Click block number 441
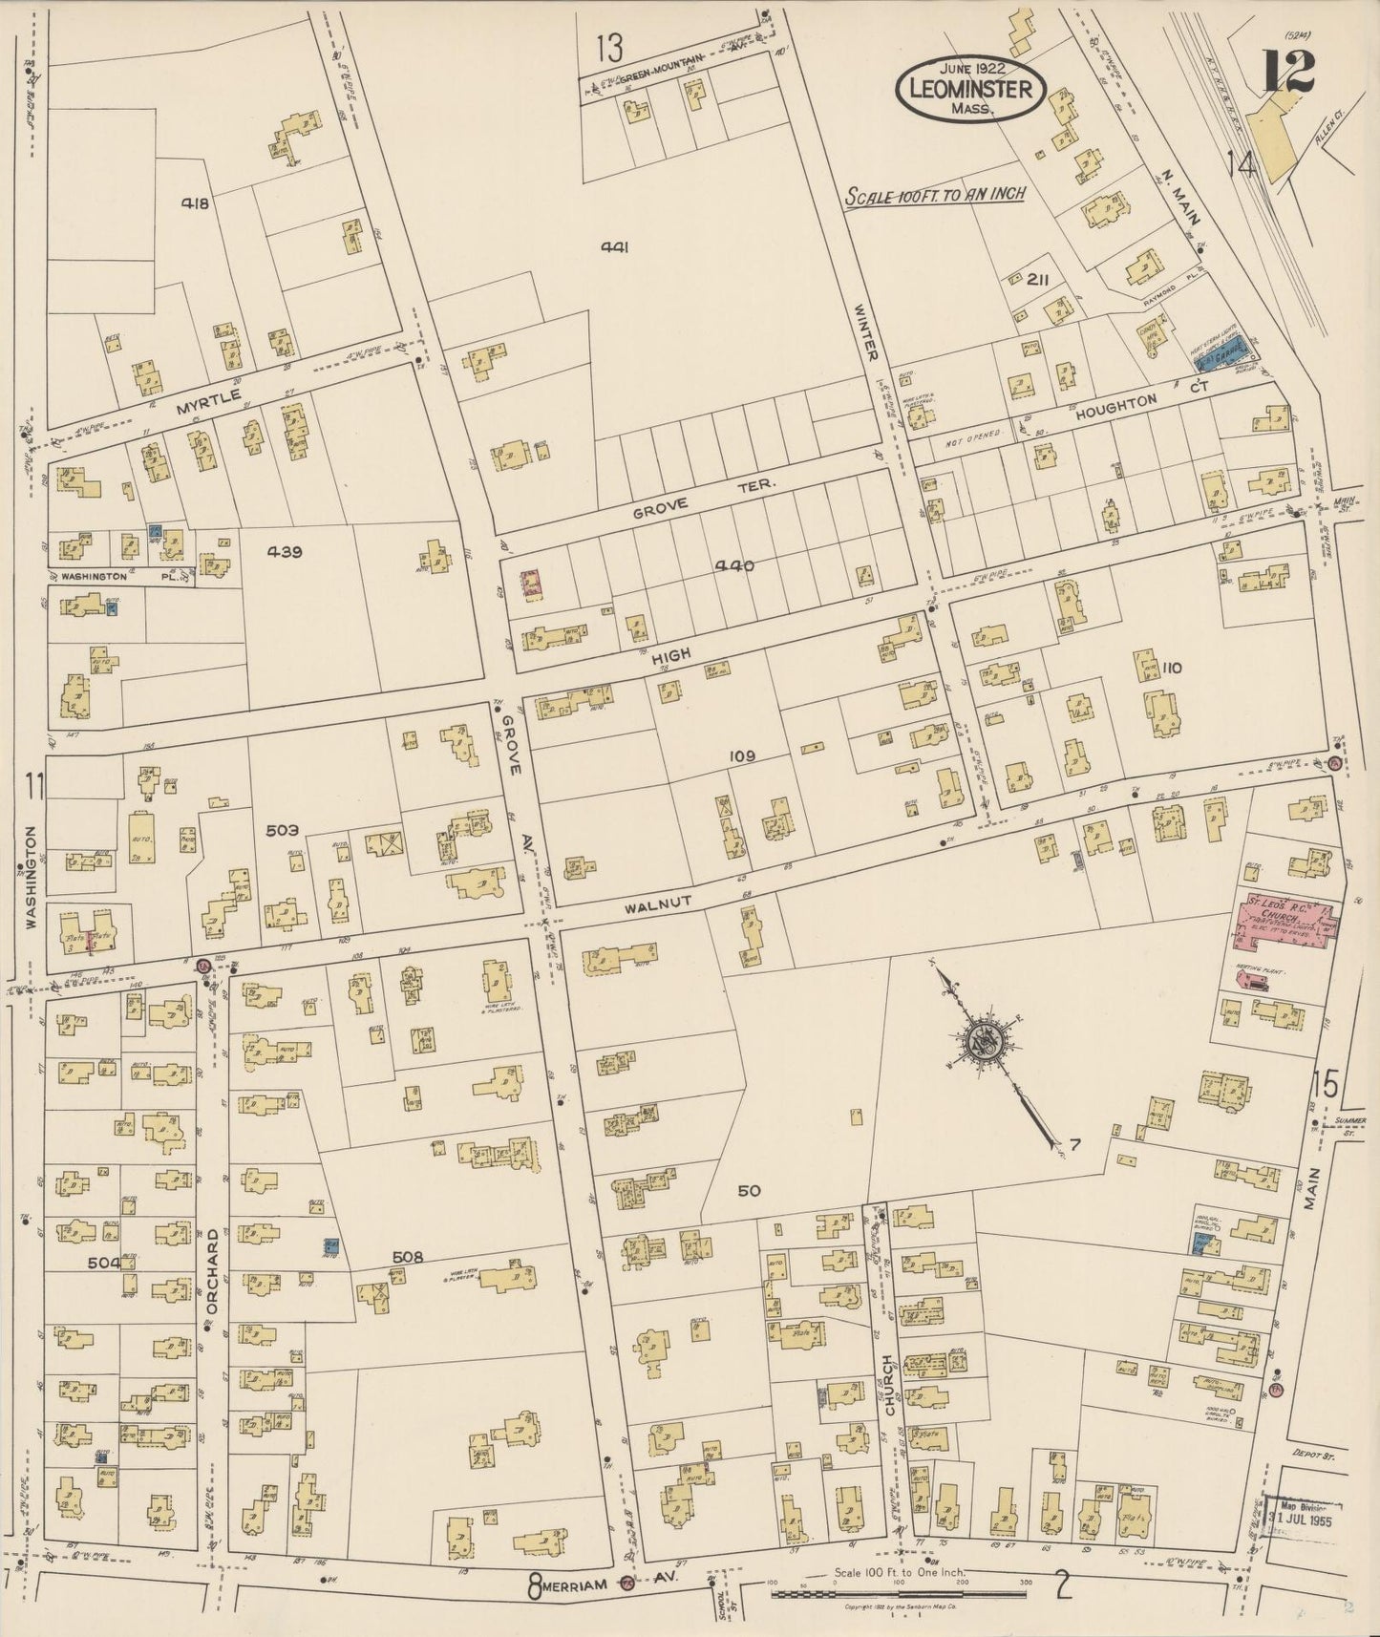tap(613, 247)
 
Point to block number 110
tap(1172, 669)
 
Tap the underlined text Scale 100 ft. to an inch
tap(935, 194)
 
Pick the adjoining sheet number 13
tap(608, 45)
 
